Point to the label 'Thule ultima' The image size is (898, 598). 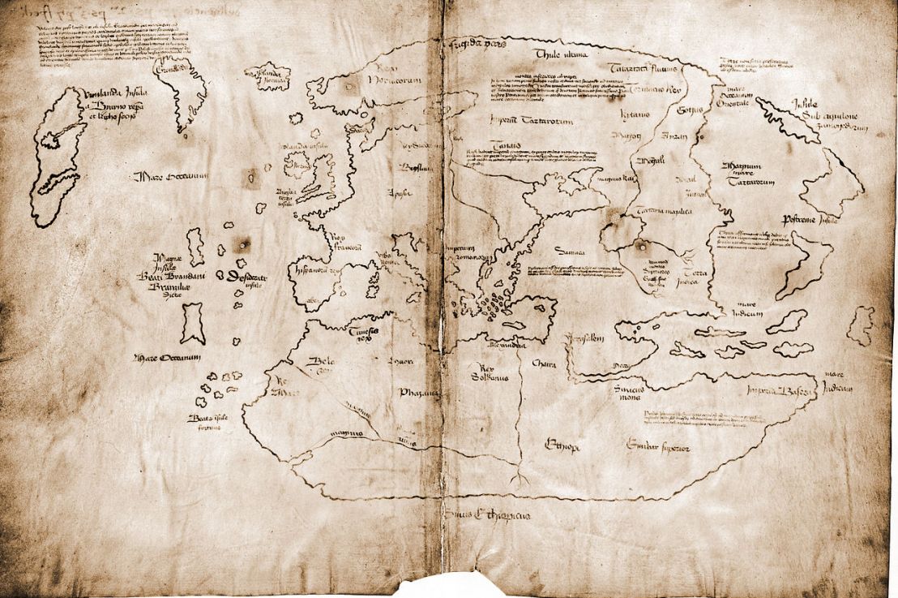559,54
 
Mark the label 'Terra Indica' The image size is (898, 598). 695,267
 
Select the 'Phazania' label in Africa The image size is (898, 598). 419,392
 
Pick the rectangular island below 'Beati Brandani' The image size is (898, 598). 192,323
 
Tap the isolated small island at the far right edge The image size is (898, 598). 859,325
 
